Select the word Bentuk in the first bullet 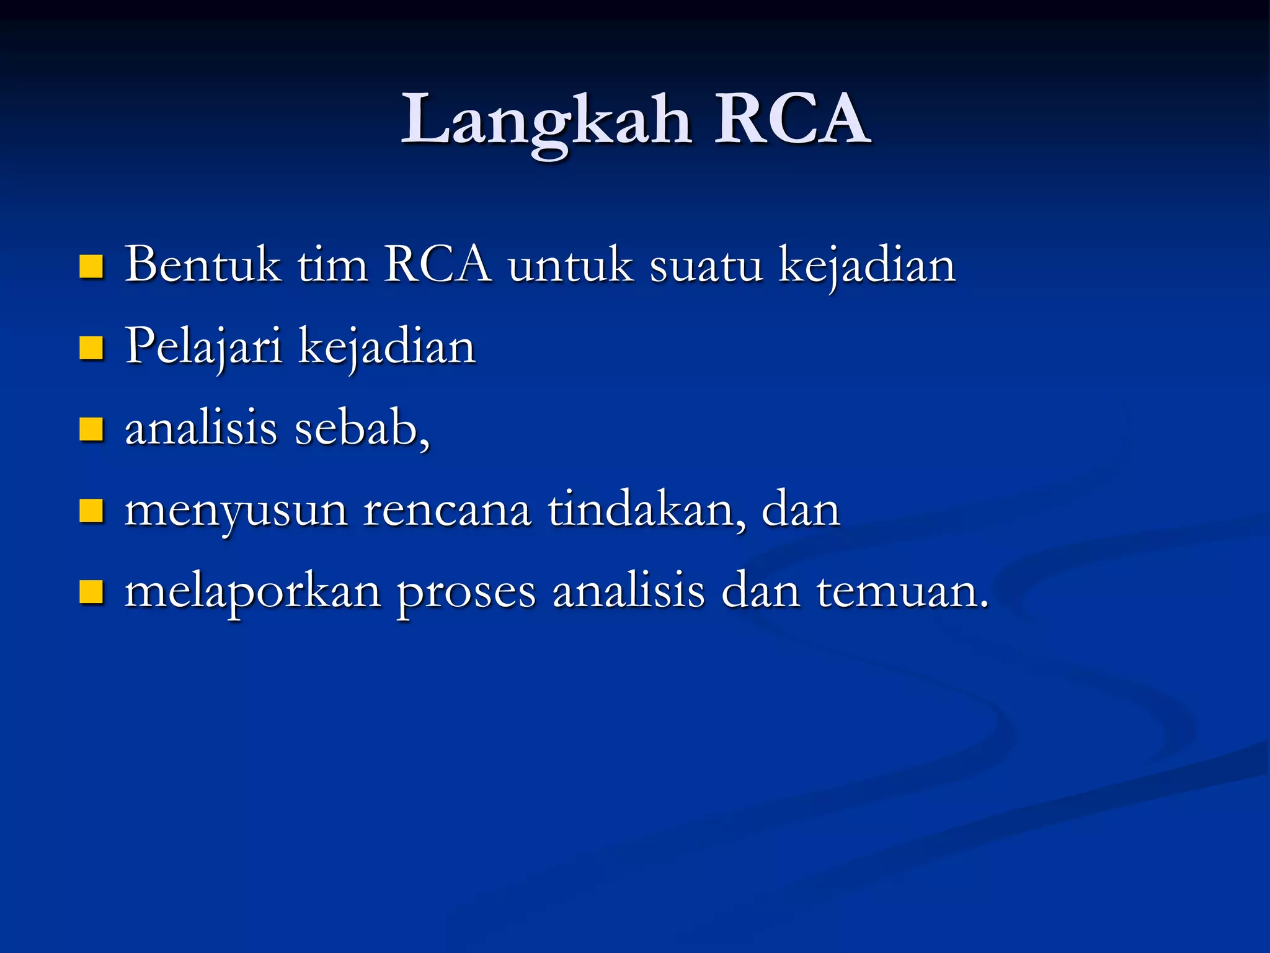click(202, 265)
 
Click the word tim click(332, 265)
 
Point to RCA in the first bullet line click(438, 265)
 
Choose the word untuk click(571, 265)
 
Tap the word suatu click(706, 265)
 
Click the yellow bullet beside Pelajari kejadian click(91, 348)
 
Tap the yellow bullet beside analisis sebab click(91, 429)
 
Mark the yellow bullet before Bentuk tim click(91, 267)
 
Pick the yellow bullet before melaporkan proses click(91, 592)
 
